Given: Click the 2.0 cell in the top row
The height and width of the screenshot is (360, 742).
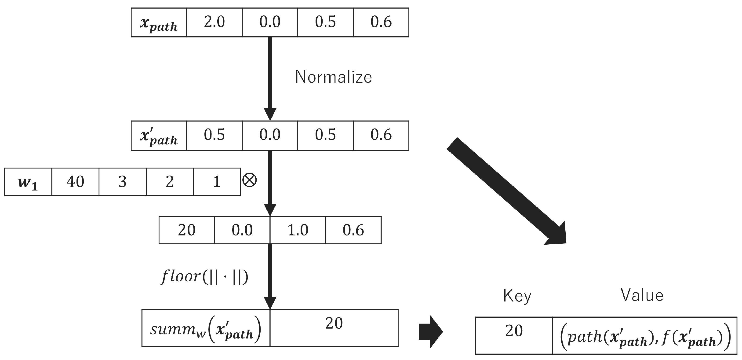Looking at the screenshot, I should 214,22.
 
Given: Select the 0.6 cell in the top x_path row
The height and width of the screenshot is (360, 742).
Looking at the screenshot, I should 381,22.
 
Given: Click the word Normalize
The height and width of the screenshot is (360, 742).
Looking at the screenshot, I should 334,77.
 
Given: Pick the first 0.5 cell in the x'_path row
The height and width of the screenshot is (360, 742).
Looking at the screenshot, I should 214,136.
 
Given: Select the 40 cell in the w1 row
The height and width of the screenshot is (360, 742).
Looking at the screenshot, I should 76,182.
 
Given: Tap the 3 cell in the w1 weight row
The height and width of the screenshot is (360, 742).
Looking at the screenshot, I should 122,182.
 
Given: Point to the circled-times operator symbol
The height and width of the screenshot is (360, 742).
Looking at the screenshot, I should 249,180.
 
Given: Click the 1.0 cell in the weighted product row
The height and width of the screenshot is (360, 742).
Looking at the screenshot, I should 298,230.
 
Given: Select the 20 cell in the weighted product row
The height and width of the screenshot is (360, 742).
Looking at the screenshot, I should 187,230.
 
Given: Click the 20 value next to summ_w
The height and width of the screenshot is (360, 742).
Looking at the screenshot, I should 334,324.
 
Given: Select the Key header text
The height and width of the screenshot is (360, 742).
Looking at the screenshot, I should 517,296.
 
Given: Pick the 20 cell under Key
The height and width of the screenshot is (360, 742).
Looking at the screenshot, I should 514,331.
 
